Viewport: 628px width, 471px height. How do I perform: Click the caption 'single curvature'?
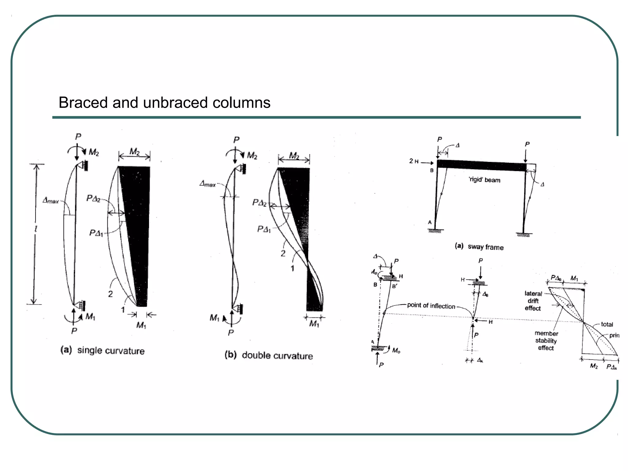[111, 350]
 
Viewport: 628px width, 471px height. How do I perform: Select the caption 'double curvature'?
[277, 356]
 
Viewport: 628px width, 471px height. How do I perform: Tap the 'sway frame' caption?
[485, 247]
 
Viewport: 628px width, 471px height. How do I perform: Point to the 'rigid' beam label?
[484, 180]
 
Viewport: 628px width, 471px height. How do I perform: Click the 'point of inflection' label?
[431, 306]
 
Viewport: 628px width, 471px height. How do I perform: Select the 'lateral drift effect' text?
[533, 301]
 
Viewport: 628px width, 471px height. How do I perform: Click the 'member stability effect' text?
[546, 341]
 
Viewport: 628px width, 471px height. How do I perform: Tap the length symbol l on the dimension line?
[36, 229]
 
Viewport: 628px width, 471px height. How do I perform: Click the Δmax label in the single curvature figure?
[51, 201]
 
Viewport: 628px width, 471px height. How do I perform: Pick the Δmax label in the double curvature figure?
[208, 184]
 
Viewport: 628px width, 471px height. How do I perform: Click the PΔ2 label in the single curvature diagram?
[93, 199]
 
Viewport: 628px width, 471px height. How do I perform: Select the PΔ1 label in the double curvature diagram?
[264, 229]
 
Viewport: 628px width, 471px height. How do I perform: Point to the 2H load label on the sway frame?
[414, 161]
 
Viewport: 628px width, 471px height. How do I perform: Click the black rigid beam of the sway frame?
[481, 166]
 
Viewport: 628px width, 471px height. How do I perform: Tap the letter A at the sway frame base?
[430, 222]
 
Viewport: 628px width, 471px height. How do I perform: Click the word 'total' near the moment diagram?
[607, 324]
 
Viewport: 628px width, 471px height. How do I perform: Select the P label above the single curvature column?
[78, 136]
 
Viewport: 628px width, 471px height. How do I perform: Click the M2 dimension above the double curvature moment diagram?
[294, 156]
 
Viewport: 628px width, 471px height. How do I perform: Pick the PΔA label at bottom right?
[611, 367]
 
